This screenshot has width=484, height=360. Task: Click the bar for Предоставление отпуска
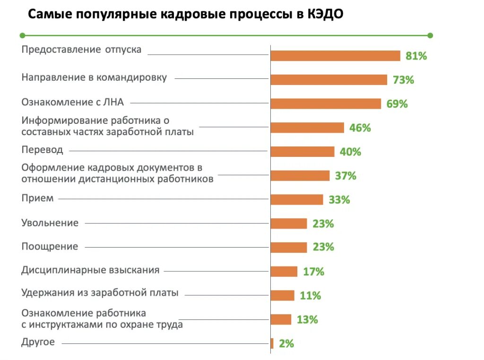335,56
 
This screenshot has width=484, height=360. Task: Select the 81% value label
416,56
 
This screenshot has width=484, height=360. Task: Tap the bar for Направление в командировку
328,80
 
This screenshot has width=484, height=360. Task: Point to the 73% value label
403,80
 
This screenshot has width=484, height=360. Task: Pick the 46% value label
360,128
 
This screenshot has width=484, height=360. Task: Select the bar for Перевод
302,152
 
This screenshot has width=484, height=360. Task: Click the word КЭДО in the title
325,14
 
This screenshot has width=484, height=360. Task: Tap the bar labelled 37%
300,176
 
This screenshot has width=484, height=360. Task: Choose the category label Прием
37,198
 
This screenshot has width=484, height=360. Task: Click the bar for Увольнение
288,223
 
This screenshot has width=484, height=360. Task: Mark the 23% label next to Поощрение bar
323,247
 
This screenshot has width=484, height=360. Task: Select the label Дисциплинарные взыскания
90,270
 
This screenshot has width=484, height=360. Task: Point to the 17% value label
313,272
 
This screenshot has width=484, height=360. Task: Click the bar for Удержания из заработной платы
282,296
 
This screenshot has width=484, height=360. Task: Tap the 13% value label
307,320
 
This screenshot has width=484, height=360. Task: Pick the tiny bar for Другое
272,343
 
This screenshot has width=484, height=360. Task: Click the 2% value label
286,343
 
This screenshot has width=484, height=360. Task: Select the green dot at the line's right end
430,35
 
